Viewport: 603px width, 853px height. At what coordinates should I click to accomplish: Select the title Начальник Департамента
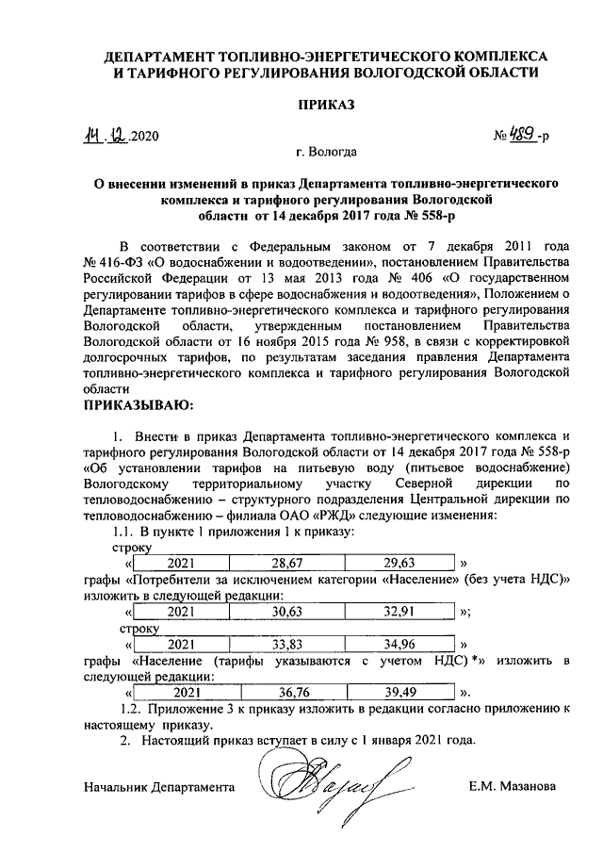(157, 786)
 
